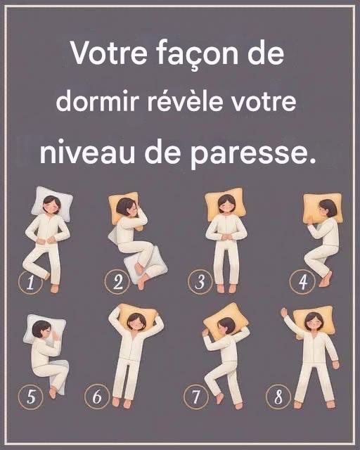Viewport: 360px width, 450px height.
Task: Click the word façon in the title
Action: [198, 55]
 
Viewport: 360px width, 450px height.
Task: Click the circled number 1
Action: [30, 283]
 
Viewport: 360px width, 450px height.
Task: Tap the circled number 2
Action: [117, 283]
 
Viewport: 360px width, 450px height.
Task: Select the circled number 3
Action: [200, 282]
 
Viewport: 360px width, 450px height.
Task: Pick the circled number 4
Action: [302, 282]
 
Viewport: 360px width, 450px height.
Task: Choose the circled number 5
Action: [31, 397]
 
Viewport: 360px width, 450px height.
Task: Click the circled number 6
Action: [97, 397]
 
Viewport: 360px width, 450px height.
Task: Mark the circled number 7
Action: [195, 397]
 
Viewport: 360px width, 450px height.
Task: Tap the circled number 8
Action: [278, 397]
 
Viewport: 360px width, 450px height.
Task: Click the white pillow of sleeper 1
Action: [52, 202]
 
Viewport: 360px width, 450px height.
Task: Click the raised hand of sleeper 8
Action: [284, 312]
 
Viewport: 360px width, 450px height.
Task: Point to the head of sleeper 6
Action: [136, 321]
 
